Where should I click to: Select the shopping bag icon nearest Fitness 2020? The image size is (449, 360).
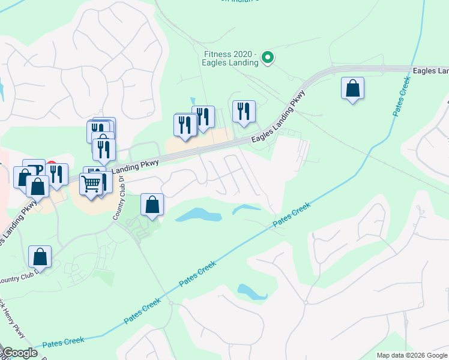tap(352, 89)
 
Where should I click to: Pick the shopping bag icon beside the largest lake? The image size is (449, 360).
tap(152, 205)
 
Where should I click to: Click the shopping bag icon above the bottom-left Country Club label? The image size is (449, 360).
tap(40, 257)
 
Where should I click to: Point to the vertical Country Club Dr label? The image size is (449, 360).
tap(117, 197)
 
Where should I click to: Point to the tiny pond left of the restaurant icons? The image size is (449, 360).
tap(192, 101)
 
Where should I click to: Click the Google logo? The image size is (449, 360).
tap(20, 353)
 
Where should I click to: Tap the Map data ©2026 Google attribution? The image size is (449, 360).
tap(412, 355)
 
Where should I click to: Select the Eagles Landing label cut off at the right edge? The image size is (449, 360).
tap(430, 71)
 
